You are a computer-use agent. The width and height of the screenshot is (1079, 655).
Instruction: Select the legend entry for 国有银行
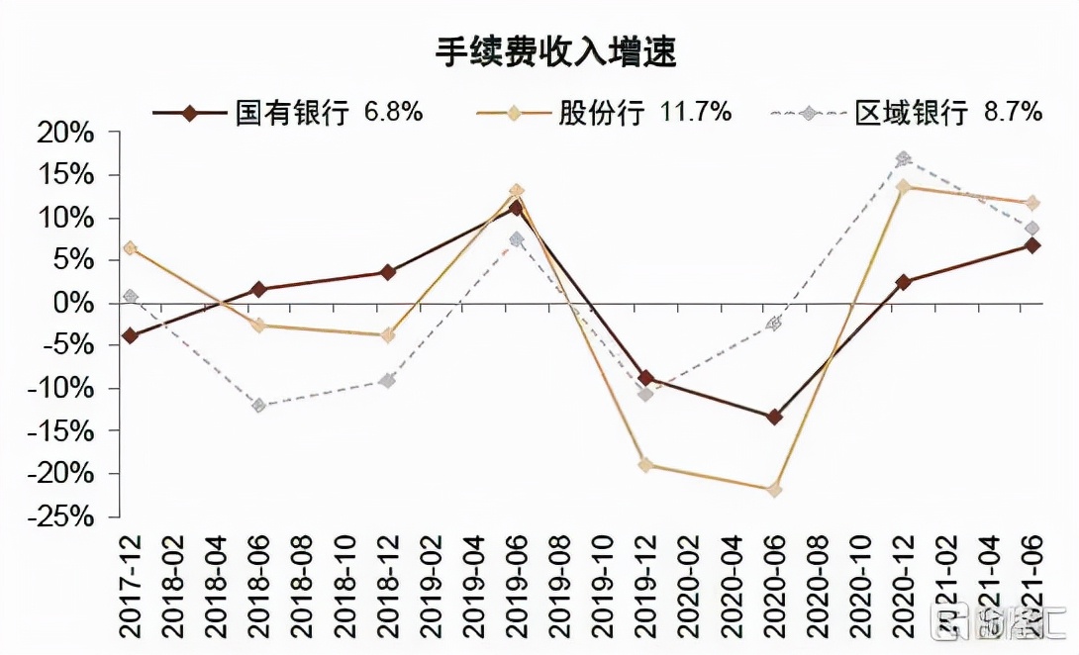(x=291, y=113)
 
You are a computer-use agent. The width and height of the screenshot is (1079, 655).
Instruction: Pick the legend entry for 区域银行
(x=911, y=113)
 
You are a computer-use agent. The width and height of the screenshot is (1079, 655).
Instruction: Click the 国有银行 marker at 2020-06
(x=774, y=417)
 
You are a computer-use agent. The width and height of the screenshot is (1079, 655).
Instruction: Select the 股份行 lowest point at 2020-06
(x=774, y=490)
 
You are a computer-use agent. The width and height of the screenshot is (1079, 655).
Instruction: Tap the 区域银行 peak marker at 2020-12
(x=903, y=158)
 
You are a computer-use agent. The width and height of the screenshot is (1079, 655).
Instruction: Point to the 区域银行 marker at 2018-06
(x=259, y=406)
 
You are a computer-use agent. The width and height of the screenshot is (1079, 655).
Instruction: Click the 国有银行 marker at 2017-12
(x=131, y=336)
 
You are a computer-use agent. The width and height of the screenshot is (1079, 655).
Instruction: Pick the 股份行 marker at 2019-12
(x=645, y=464)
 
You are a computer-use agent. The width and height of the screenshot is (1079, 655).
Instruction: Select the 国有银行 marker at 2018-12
(x=388, y=272)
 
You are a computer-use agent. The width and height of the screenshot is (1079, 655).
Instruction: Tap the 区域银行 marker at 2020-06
(x=774, y=324)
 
